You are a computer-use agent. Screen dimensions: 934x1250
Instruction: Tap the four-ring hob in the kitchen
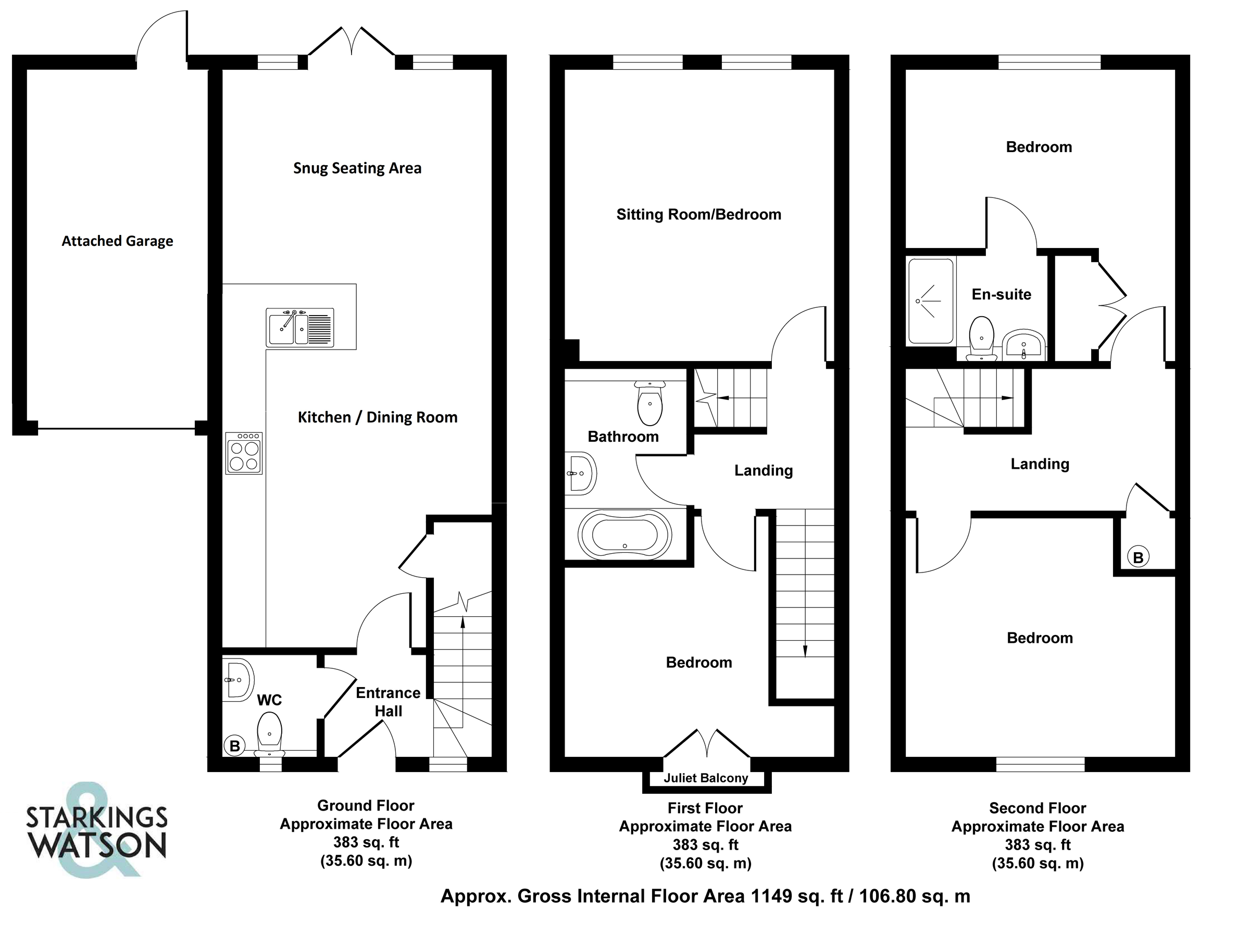pyautogui.click(x=244, y=453)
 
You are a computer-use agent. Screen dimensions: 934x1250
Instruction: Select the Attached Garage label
pyautogui.click(x=117, y=241)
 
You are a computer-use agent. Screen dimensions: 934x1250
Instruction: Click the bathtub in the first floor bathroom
pyautogui.click(x=624, y=534)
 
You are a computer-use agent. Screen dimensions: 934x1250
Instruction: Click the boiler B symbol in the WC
pyautogui.click(x=234, y=746)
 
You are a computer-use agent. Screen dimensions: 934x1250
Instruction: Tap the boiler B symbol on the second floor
pyautogui.click(x=1138, y=557)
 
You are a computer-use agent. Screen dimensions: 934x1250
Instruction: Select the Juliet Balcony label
pyautogui.click(x=705, y=778)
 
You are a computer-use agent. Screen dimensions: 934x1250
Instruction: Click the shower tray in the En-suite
pyautogui.click(x=930, y=301)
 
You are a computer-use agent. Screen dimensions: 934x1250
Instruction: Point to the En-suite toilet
pyautogui.click(x=982, y=338)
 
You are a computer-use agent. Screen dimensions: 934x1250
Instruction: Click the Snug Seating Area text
pyautogui.click(x=357, y=168)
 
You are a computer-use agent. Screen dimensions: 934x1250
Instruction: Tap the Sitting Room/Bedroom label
pyautogui.click(x=698, y=214)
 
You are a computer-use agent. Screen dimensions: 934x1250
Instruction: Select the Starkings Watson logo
pyautogui.click(x=96, y=829)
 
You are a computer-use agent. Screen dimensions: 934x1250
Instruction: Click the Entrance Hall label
pyautogui.click(x=388, y=702)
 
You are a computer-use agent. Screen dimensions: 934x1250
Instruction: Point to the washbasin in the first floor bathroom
pyautogui.click(x=581, y=474)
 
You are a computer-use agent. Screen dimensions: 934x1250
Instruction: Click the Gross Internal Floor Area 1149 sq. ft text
pyautogui.click(x=705, y=895)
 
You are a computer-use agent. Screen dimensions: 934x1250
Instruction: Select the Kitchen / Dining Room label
pyautogui.click(x=378, y=417)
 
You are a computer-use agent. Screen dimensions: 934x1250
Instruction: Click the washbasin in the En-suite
pyautogui.click(x=1024, y=345)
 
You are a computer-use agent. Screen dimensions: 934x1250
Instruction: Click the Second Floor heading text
pyautogui.click(x=1037, y=808)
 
